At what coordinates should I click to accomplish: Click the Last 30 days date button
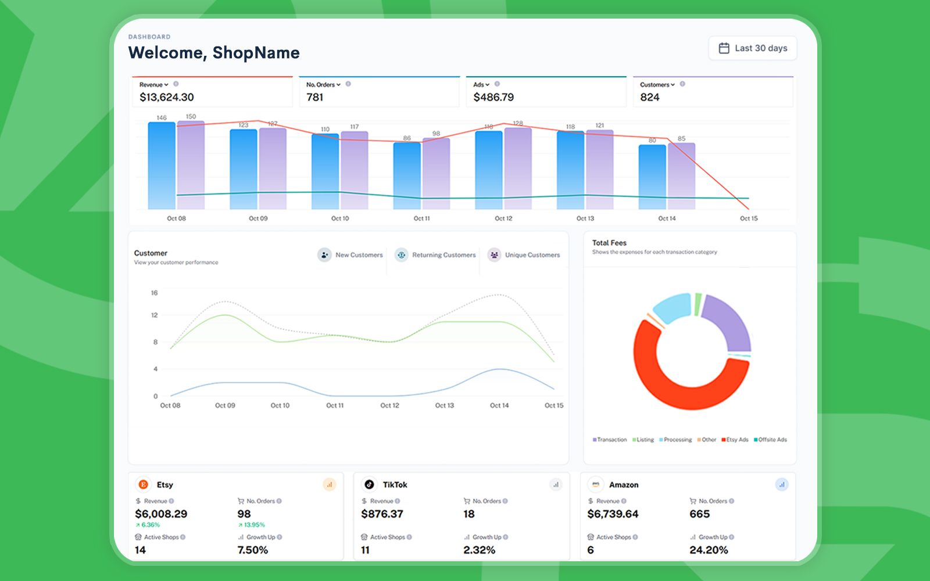click(x=753, y=48)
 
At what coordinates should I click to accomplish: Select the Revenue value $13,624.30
click(x=166, y=98)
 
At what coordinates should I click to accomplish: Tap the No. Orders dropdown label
click(x=323, y=85)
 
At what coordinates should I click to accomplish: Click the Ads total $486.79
click(x=493, y=98)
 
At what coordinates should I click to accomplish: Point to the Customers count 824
click(x=649, y=98)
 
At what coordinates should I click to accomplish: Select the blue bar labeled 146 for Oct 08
click(x=162, y=166)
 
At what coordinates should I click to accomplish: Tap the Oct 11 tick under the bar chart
click(x=421, y=218)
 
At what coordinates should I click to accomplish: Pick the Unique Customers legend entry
click(x=524, y=255)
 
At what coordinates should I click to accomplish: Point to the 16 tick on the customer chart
click(x=154, y=293)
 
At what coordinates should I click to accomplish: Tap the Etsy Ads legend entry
click(x=735, y=440)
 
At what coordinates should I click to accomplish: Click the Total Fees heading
click(x=609, y=243)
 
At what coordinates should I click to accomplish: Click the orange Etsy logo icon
click(x=143, y=485)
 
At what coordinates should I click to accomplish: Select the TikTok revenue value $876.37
click(x=382, y=514)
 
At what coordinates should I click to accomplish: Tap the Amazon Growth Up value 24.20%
click(x=708, y=550)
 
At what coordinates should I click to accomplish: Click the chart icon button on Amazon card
click(x=782, y=485)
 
